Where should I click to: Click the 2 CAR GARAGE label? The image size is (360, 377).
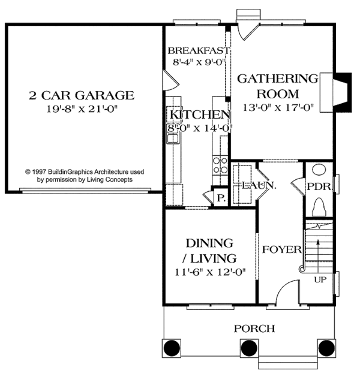click(x=82, y=95)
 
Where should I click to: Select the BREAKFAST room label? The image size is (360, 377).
click(x=198, y=50)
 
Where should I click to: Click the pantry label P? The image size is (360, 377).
click(x=220, y=198)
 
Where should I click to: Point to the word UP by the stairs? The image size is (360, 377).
click(x=320, y=279)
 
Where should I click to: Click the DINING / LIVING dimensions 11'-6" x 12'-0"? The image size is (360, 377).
click(x=209, y=273)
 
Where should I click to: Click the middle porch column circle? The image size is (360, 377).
click(x=249, y=347)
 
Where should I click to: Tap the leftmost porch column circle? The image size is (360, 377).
click(x=172, y=347)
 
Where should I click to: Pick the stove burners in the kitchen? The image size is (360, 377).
click(x=220, y=164)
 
